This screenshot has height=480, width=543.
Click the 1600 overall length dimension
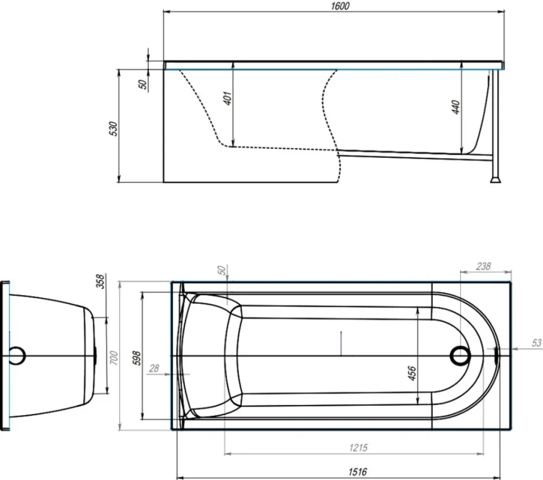click(340, 6)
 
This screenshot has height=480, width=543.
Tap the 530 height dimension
click(113, 129)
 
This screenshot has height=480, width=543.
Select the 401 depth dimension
click(227, 98)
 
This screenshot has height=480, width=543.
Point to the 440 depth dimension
click(456, 107)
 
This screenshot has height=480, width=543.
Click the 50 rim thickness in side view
click(142, 84)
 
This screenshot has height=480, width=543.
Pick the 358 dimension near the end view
click(100, 281)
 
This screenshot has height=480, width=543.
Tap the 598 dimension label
click(137, 358)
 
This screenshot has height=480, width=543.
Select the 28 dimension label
click(154, 368)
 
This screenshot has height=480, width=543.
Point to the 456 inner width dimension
click(412, 373)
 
